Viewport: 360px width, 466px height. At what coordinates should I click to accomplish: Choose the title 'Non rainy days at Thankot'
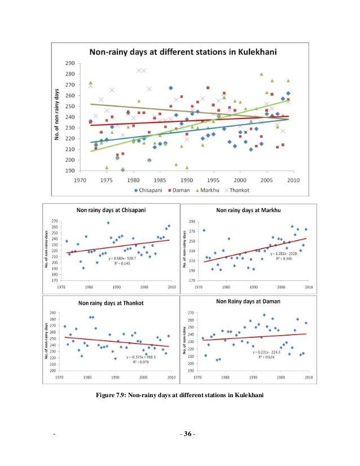click(112, 303)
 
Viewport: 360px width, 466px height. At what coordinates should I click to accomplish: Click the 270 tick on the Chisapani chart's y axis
click(54, 221)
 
